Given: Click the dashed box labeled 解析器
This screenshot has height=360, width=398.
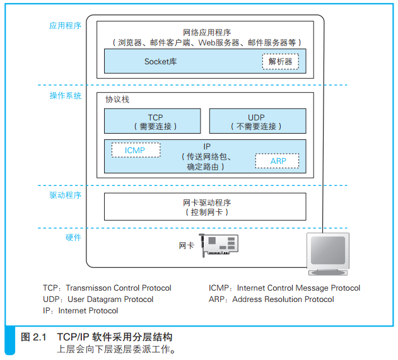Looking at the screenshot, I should click(x=280, y=62).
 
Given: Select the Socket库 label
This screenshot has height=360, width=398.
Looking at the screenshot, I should click(x=161, y=62).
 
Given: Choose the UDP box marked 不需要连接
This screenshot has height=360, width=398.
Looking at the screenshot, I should click(x=257, y=121).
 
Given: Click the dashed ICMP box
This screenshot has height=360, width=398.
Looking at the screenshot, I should click(x=136, y=150).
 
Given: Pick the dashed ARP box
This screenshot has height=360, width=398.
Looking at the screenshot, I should click(x=278, y=161).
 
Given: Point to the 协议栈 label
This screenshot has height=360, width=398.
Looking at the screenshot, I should click(x=117, y=100).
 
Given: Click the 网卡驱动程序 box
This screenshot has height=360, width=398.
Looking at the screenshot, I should click(x=205, y=206).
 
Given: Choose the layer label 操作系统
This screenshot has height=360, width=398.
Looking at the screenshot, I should click(x=66, y=96).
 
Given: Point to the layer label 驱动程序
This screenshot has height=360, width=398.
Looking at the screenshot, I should click(x=66, y=195).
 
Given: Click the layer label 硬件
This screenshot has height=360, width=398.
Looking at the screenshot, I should click(x=73, y=238).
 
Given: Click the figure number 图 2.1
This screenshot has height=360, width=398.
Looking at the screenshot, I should click(x=34, y=337).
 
